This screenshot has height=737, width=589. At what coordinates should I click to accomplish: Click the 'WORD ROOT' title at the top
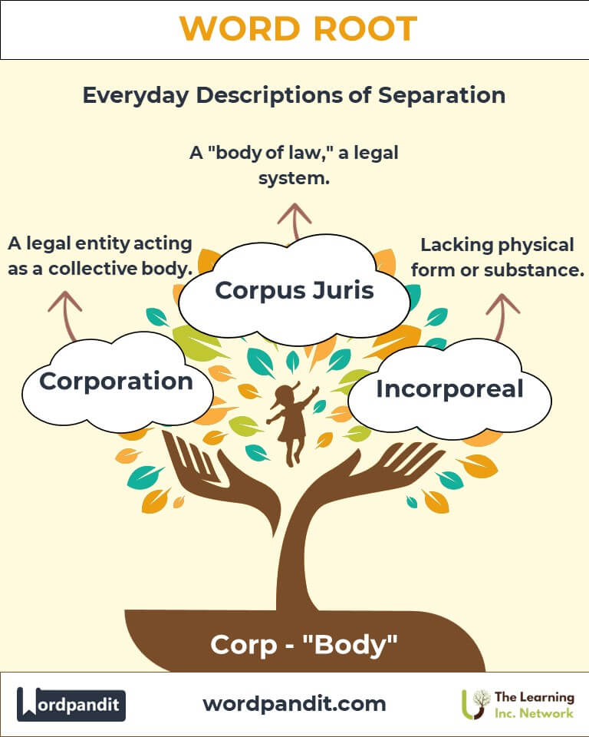298,29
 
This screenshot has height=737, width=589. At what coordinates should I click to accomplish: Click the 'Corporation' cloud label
117,381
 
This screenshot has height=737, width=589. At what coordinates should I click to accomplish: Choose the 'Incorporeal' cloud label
449,388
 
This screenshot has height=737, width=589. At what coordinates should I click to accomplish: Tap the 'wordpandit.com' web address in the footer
294,703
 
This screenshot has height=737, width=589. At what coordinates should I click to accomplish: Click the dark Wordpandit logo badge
71,704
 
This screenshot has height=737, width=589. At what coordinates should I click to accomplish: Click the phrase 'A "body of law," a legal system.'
294,164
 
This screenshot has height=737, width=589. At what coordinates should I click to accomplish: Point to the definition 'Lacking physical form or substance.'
498,258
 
